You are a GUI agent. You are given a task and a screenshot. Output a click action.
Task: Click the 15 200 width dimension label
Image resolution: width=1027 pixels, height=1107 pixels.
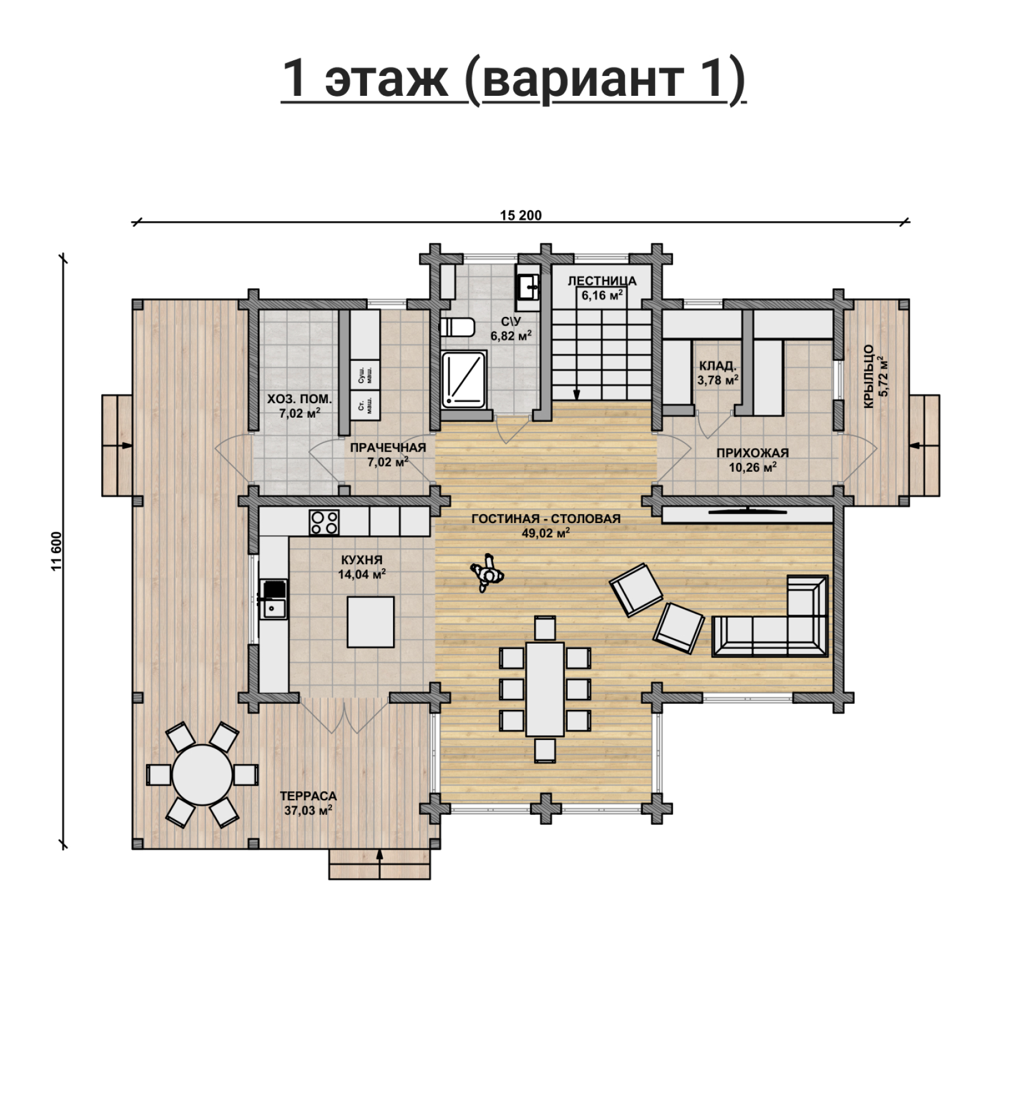point(521,215)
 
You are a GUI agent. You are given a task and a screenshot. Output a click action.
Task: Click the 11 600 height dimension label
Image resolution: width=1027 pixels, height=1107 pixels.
point(57,551)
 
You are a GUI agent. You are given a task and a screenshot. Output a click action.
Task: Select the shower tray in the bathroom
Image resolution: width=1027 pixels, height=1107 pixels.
point(463,379)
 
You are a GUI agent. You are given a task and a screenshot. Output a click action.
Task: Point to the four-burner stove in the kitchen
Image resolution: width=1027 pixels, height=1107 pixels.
point(324,522)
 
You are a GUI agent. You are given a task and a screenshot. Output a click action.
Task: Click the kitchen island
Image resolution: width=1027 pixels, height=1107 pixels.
point(371,621)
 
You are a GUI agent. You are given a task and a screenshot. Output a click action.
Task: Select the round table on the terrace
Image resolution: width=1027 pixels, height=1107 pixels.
point(202,774)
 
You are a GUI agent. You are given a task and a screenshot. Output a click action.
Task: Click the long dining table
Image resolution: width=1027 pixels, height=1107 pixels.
point(545,689)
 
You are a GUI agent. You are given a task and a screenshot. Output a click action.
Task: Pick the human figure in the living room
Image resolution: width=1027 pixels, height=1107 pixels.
point(486,574)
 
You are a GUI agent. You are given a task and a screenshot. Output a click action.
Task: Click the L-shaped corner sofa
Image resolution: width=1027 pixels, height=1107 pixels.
point(770,615)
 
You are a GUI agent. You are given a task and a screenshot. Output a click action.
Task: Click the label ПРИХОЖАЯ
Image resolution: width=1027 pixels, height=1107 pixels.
point(752,453)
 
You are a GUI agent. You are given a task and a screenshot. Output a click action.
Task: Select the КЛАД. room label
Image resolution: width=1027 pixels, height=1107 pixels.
point(717,366)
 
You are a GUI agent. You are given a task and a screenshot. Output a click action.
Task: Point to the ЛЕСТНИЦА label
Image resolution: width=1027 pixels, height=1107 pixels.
point(601,281)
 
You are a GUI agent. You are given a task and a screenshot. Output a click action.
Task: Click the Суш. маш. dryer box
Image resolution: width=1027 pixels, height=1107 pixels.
point(365,375)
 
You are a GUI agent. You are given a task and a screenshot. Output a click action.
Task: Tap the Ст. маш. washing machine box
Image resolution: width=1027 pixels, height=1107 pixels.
point(365,407)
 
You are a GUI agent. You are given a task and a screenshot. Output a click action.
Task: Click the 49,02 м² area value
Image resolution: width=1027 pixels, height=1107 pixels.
point(545,533)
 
